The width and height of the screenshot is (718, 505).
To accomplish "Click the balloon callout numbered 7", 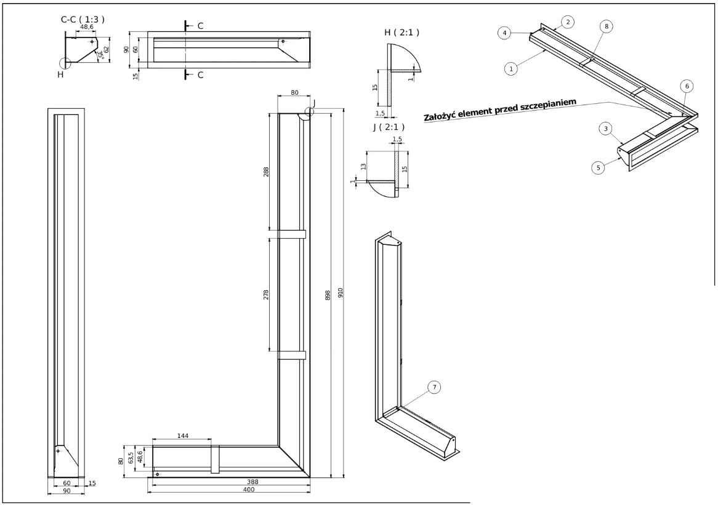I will (434, 387).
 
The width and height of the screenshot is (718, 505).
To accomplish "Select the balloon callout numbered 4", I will (504, 33).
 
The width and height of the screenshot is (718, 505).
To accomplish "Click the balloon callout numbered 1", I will (510, 69).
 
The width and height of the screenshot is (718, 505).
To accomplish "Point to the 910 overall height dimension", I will (340, 294).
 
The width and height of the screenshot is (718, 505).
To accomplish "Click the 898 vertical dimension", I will (328, 295).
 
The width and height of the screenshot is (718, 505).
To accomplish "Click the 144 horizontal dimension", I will (182, 435).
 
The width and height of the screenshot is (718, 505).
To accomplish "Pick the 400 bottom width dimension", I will (230, 490).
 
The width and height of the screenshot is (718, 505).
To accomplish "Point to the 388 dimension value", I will (230, 483).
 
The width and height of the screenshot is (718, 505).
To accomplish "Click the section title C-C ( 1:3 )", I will (82, 20).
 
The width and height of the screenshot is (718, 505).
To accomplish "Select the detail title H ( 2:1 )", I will (401, 32).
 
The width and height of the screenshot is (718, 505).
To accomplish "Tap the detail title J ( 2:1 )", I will (388, 127).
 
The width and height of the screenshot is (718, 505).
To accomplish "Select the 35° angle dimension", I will (100, 56).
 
